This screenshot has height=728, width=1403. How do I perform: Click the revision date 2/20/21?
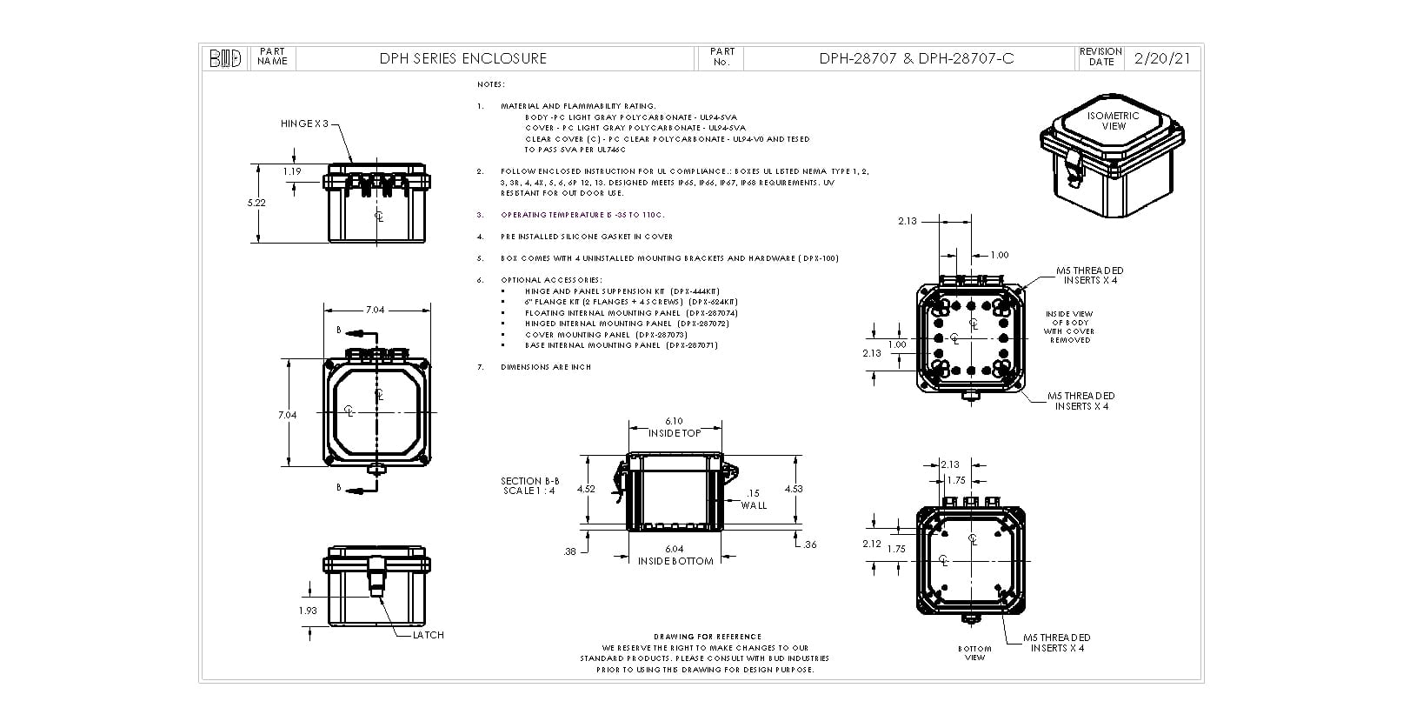pos(1163,58)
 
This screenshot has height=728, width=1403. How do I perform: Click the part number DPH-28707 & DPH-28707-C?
pos(916,58)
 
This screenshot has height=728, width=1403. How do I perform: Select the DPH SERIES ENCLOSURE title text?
pos(462,58)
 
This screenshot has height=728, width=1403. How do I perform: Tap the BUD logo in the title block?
pos(225,58)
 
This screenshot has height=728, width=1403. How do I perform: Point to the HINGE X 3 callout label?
pos(305,124)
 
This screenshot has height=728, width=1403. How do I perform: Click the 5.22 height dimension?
pos(256,202)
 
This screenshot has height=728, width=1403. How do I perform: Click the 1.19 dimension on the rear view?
pos(292,171)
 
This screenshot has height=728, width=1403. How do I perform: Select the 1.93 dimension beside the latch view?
pos(307,611)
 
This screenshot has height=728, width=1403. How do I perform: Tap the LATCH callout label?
pos(428,635)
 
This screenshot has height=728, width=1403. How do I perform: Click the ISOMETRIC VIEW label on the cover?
pos(1113,121)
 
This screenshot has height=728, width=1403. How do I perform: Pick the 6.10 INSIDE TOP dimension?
pos(675,427)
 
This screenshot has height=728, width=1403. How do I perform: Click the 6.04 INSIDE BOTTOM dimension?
pos(675,555)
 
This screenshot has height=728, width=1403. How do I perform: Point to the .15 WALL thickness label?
pos(754,499)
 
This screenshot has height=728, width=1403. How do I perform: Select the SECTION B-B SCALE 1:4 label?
pos(529,485)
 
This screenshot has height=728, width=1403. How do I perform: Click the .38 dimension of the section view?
pos(570,551)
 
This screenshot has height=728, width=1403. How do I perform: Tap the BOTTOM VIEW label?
pos(974,652)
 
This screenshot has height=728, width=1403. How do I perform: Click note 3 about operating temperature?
pos(582,215)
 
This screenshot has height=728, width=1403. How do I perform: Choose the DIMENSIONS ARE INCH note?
pos(546,367)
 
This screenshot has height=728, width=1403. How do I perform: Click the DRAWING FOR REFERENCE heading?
pos(707,637)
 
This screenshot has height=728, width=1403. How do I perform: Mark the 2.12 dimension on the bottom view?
pos(872,544)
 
